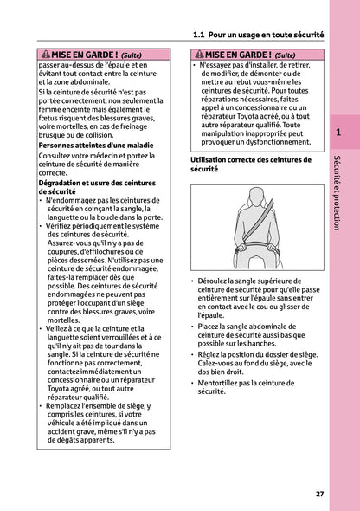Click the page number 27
click(319, 494)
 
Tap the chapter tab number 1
click(340, 132)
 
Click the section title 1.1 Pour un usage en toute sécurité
click(253, 36)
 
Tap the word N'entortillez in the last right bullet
click(224, 382)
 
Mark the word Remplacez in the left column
click(71, 407)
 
